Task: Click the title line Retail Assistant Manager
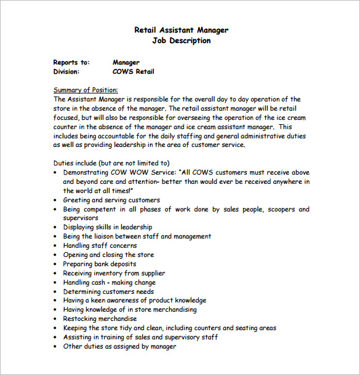[181, 30]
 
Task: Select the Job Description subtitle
[181, 41]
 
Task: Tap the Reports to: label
[71, 62]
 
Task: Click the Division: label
[66, 71]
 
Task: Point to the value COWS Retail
[134, 71]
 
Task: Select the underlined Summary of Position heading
[86, 90]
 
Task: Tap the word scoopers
[277, 209]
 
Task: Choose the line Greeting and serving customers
[111, 200]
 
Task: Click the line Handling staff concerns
[101, 245]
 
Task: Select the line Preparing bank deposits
[100, 264]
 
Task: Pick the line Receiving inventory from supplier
[114, 273]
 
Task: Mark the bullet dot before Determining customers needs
[57, 292]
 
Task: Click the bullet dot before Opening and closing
[57, 255]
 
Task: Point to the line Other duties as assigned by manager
[119, 346]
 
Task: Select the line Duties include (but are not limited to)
[111, 163]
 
